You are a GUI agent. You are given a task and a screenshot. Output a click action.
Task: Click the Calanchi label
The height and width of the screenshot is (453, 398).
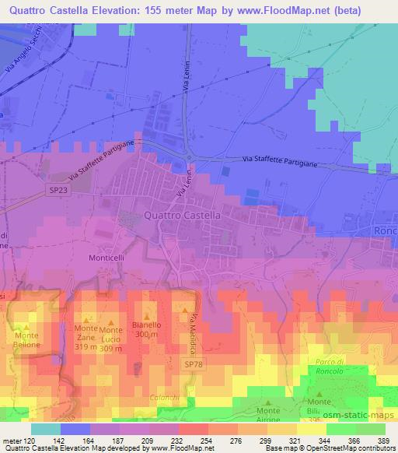pos(163,395)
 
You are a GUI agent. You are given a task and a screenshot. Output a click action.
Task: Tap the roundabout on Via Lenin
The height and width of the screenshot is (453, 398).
pos(189,161)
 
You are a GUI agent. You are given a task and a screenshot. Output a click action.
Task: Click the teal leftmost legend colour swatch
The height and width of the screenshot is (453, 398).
pos(45,429)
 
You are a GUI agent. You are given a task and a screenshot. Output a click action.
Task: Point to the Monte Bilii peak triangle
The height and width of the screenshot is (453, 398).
pos(319,394)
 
